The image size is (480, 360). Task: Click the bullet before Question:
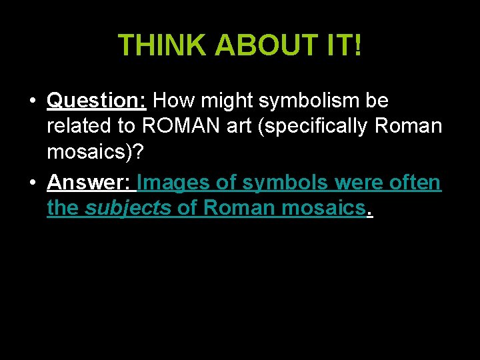point(32,101)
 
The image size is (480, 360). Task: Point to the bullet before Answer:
point(32,183)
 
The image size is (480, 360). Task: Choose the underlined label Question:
point(97,101)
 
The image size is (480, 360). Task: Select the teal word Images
point(171,183)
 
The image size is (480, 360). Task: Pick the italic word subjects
point(129,209)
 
